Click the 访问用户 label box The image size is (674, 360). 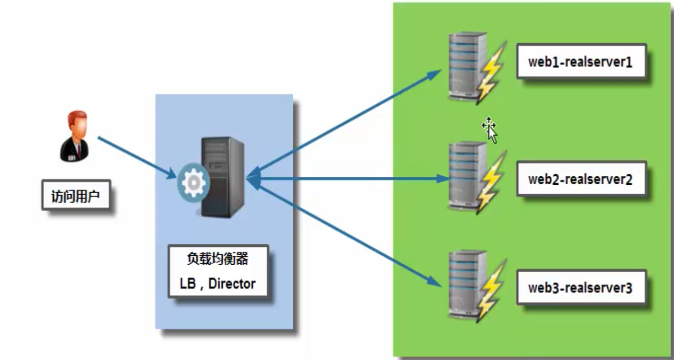(x=76, y=195)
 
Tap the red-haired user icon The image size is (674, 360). (x=74, y=136)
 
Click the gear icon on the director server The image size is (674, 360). (x=193, y=183)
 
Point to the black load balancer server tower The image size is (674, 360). (x=223, y=177)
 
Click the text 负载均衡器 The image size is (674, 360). (x=217, y=258)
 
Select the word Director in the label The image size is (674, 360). (x=232, y=284)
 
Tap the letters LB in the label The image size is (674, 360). (x=187, y=284)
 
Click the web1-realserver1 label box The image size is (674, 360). (x=581, y=62)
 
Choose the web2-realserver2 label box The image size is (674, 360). (x=581, y=178)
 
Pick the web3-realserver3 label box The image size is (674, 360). (x=581, y=287)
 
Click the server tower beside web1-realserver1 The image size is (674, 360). (x=467, y=66)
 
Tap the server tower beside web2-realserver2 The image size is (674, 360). (x=467, y=175)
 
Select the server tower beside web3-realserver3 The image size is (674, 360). (x=467, y=284)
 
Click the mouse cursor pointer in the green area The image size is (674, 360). (x=490, y=130)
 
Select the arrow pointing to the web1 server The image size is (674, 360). (x=344, y=123)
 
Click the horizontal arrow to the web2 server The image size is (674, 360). (x=348, y=178)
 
